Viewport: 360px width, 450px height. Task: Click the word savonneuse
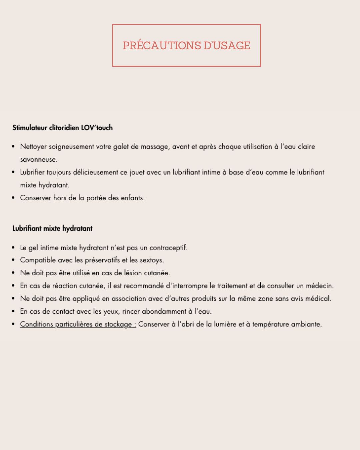pyautogui.click(x=38, y=160)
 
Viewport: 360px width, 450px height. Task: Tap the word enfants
pyautogui.click(x=132, y=198)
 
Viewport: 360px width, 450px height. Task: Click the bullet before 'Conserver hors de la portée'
pyautogui.click(x=13, y=198)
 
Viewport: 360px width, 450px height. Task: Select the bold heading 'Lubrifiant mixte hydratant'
pyautogui.click(x=52, y=229)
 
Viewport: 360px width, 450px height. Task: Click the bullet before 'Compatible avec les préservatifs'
pyautogui.click(x=13, y=260)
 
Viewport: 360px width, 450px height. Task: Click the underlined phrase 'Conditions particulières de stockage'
pyautogui.click(x=78, y=324)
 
